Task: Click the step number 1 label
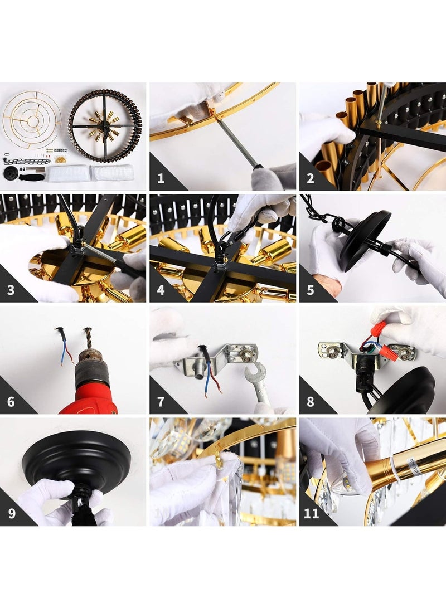click(x=161, y=178)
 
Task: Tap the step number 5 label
click(x=311, y=290)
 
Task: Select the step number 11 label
click(x=311, y=513)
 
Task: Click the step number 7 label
click(x=161, y=402)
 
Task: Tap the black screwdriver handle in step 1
click(x=269, y=178)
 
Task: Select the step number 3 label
click(x=11, y=290)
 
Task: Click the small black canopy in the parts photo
click(x=11, y=173)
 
